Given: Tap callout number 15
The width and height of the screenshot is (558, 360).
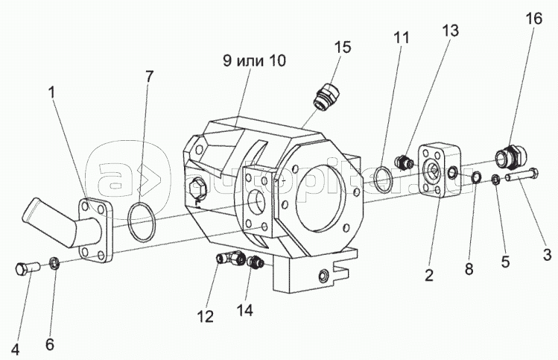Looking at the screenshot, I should click(342, 48).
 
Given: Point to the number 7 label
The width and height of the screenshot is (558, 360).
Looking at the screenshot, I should click(150, 76).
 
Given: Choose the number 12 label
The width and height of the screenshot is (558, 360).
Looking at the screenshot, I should click(205, 316).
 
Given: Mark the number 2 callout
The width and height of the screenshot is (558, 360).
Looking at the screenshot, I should click(428, 276).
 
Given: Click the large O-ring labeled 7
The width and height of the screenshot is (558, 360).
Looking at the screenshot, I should click(140, 221).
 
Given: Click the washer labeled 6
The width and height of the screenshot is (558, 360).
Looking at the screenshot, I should click(54, 262).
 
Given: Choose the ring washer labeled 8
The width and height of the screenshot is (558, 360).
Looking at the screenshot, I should click(475, 177).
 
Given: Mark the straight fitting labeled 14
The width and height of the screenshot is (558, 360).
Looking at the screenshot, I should click(256, 262).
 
